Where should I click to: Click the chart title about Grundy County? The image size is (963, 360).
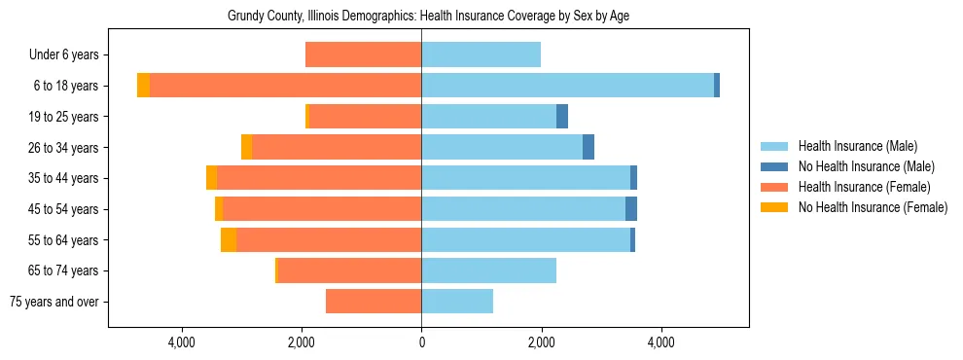click(x=421, y=17)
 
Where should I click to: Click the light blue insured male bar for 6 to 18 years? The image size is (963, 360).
click(x=567, y=86)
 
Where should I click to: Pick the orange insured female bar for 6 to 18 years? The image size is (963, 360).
click(x=285, y=86)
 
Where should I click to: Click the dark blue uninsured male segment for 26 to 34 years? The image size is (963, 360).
click(x=588, y=147)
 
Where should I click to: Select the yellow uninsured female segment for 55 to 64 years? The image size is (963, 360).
click(x=229, y=240)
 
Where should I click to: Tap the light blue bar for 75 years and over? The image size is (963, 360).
click(x=457, y=302)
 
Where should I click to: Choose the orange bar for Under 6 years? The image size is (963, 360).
click(x=363, y=55)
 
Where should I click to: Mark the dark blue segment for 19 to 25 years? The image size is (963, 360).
click(x=562, y=117)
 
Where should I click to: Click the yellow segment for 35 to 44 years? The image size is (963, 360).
click(x=211, y=178)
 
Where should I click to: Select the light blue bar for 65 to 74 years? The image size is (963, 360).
click(x=488, y=270)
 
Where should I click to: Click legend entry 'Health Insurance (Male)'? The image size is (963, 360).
click(x=857, y=146)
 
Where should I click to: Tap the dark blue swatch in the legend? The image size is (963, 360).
click(x=774, y=166)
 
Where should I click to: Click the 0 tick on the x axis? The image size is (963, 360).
click(x=421, y=342)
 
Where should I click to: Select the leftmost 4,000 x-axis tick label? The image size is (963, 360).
click(x=182, y=342)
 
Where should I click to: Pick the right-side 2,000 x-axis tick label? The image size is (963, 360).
click(x=541, y=342)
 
